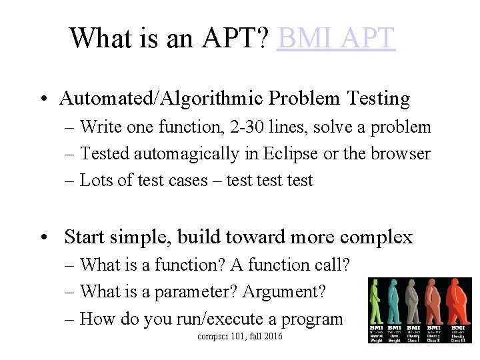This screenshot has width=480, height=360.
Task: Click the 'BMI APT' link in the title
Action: pyautogui.click(x=336, y=38)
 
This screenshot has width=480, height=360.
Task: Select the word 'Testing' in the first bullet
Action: pyautogui.click(x=378, y=99)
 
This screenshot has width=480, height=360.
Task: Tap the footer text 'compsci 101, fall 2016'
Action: pyautogui.click(x=240, y=337)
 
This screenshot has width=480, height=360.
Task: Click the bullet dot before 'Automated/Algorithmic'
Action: pyautogui.click(x=42, y=99)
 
